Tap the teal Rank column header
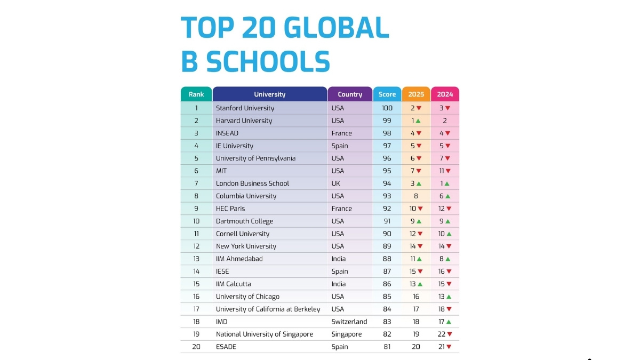click(x=196, y=94)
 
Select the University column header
click(x=269, y=94)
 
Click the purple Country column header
click(x=350, y=94)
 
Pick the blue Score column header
click(x=387, y=94)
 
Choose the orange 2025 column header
click(x=416, y=94)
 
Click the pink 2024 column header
click(x=445, y=94)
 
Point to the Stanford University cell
click(x=245, y=108)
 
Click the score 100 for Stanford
click(x=387, y=108)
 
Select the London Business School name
click(x=252, y=183)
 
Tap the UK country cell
click(x=337, y=183)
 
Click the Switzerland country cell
click(x=349, y=322)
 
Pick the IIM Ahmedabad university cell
click(x=239, y=259)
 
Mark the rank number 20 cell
click(x=196, y=347)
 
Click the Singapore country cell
click(x=346, y=334)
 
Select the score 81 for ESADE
click(x=387, y=347)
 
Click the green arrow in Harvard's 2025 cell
click(x=419, y=121)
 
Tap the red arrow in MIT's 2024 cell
click(x=448, y=171)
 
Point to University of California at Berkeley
click(x=268, y=309)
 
